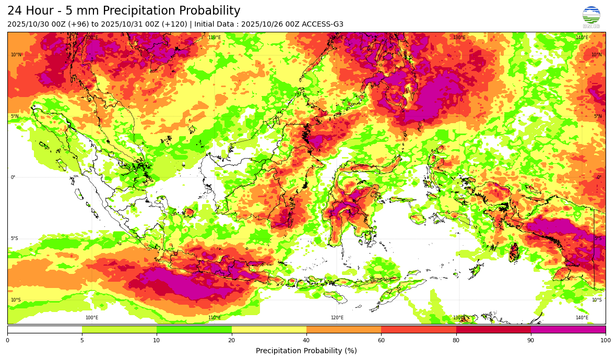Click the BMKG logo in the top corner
tap(591, 17)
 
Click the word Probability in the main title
tap(207, 11)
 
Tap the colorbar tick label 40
tap(306, 340)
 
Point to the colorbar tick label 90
tap(531, 340)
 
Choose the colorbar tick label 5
tap(82, 340)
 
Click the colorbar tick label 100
tap(605, 340)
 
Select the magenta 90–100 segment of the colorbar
tap(568, 329)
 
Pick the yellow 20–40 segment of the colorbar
tap(269, 329)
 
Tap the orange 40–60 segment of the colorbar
tap(343, 329)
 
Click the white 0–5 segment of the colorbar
tap(44, 329)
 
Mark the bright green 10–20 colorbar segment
tap(194, 329)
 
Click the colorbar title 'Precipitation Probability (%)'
tap(306, 351)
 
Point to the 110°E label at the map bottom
tap(215, 318)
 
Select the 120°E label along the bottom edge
tap(337, 318)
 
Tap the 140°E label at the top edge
tap(582, 38)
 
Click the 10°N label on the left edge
tap(16, 55)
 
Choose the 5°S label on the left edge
tap(15, 238)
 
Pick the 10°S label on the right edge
tap(596, 300)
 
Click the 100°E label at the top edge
tap(92, 38)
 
